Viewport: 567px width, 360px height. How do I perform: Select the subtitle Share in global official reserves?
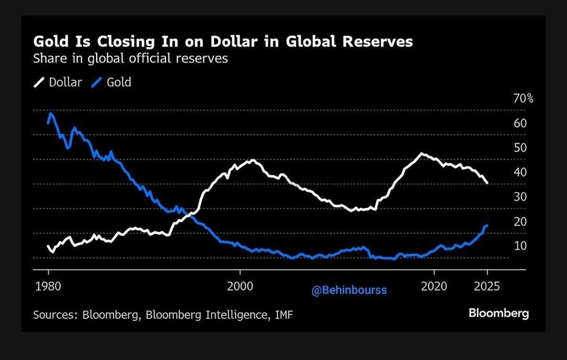[130, 59]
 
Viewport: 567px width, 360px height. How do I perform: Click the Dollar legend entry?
[65, 82]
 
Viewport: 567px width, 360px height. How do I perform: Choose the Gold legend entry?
[119, 82]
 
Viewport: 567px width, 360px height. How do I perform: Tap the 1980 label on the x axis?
[48, 286]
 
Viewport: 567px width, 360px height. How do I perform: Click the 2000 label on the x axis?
[240, 286]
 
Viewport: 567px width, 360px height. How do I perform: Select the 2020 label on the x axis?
[434, 286]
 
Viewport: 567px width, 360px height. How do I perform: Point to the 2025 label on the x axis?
[487, 286]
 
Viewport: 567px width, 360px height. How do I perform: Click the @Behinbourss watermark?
[349, 291]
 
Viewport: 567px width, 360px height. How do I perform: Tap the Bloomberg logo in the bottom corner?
[498, 313]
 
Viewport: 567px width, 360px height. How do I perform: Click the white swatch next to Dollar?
[38, 83]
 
